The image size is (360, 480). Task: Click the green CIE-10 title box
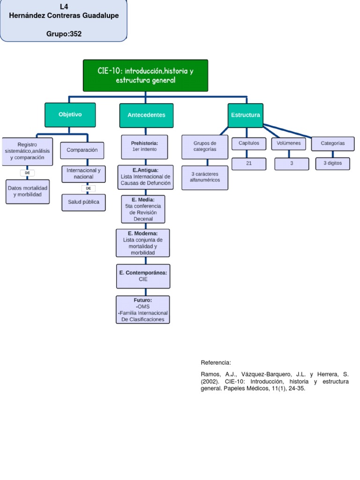tap(145, 75)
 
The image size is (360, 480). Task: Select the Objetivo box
tap(70, 115)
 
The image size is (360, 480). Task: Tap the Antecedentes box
tap(146, 115)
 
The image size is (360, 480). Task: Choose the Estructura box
tap(245, 115)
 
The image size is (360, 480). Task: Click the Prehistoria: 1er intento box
tap(144, 146)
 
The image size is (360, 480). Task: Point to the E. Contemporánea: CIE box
tap(143, 276)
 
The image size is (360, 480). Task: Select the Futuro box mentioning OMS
tap(143, 309)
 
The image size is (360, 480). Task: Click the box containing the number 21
tap(248, 164)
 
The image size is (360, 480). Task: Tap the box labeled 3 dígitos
tap(332, 164)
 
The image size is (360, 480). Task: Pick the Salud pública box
tap(83, 202)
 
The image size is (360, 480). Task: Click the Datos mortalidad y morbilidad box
tap(28, 191)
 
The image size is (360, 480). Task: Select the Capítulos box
tap(248, 143)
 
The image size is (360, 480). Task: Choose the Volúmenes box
tap(288, 143)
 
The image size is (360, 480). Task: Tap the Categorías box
tap(332, 143)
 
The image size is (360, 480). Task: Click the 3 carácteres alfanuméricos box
tap(205, 177)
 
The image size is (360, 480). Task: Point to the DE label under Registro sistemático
tap(27, 173)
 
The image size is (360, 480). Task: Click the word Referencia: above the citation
tap(216, 363)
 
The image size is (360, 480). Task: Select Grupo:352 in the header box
tap(64, 34)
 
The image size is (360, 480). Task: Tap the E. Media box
tap(143, 209)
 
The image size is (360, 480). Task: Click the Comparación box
tap(82, 150)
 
